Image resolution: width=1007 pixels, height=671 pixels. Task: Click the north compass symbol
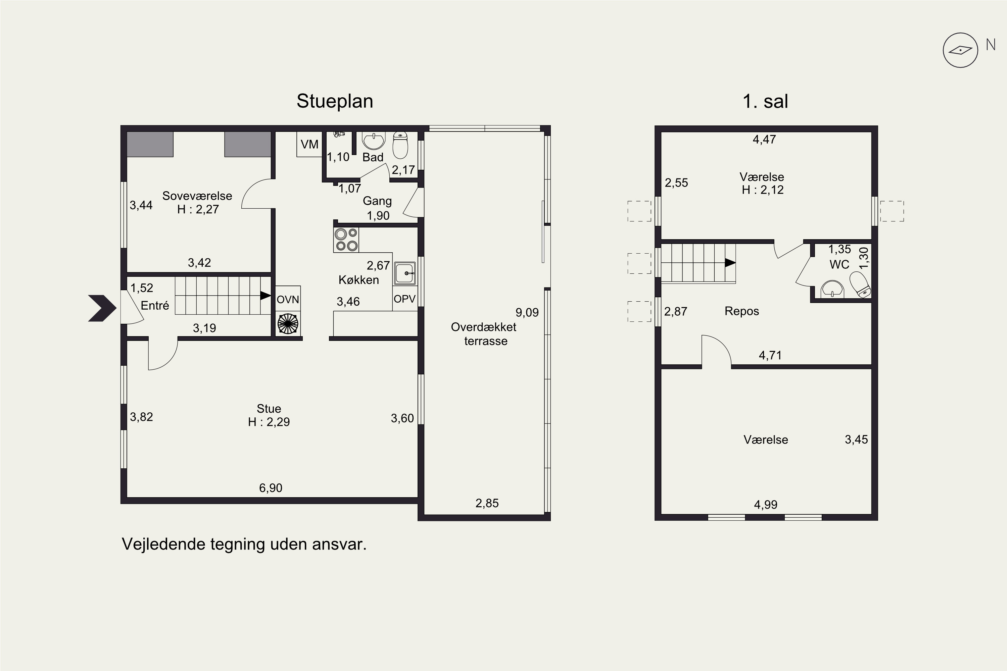pyautogui.click(x=960, y=50)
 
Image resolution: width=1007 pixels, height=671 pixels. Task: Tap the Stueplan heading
pyautogui.click(x=335, y=101)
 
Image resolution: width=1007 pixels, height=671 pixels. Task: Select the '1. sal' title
pyautogui.click(x=765, y=101)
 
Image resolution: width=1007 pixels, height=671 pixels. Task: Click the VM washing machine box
pyautogui.click(x=309, y=144)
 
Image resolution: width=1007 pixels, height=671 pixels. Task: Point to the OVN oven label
pyautogui.click(x=288, y=300)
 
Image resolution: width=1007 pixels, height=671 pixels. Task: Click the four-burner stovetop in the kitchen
pyautogui.click(x=346, y=240)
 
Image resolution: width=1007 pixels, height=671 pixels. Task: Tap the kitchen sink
pyautogui.click(x=404, y=273)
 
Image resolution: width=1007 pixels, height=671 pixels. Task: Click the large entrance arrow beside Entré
pyautogui.click(x=102, y=308)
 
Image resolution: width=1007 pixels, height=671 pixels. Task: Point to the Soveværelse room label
pyautogui.click(x=197, y=196)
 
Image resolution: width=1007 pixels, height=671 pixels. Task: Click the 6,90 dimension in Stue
pyautogui.click(x=271, y=488)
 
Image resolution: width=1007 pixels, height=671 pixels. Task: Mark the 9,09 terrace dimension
pyautogui.click(x=527, y=312)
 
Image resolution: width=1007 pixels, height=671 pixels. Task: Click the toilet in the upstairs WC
pyautogui.click(x=860, y=284)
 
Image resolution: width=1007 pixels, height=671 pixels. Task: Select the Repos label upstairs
pyautogui.click(x=741, y=311)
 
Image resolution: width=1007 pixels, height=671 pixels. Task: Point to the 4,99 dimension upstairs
pyautogui.click(x=766, y=505)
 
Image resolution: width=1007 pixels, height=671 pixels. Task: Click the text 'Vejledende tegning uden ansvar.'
pyautogui.click(x=244, y=544)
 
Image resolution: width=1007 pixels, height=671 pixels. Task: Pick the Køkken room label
pyautogui.click(x=359, y=280)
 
